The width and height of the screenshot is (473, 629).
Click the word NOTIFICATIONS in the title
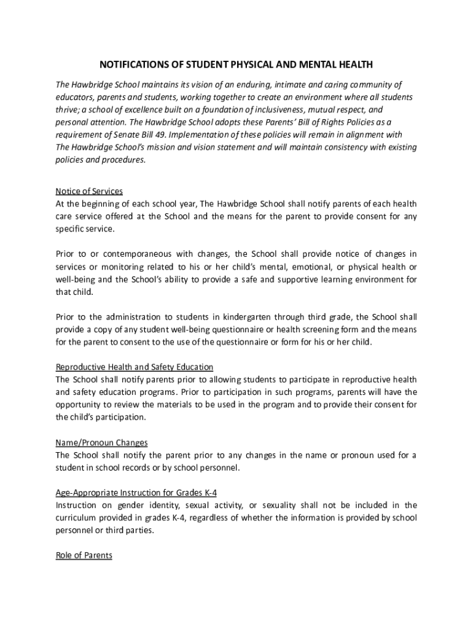point(130,64)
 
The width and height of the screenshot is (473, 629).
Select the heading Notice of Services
point(89,191)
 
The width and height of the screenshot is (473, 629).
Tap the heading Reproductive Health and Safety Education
point(135,367)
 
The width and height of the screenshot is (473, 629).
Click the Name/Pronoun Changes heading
point(101,442)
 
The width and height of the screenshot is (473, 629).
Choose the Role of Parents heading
point(84,555)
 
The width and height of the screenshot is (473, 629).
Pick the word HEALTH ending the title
point(356,64)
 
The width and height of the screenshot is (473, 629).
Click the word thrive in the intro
point(67,109)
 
